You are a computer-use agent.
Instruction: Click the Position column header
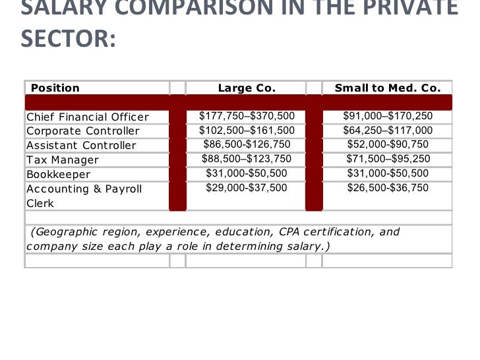[55, 88]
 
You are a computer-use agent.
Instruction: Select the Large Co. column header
[247, 88]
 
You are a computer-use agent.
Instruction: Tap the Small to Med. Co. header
[388, 88]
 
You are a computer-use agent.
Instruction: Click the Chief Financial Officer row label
[88, 117]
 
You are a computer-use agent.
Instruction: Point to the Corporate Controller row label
[83, 131]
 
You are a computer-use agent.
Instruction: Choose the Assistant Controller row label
[81, 146]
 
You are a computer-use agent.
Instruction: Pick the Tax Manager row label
[63, 160]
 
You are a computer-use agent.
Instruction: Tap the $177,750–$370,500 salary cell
[247, 116]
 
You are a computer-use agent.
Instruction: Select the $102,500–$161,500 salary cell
[247, 131]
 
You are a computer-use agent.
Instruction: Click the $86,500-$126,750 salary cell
[247, 145]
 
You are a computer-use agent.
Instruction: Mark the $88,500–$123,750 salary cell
[247, 159]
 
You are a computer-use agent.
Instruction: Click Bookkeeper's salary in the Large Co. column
[247, 173]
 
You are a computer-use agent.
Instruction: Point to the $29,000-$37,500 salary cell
[247, 188]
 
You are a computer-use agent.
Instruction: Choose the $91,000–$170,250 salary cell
[388, 116]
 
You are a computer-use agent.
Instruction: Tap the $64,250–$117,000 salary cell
[388, 131]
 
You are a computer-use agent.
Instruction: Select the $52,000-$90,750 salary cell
[388, 145]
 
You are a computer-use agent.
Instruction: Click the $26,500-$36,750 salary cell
[388, 188]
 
